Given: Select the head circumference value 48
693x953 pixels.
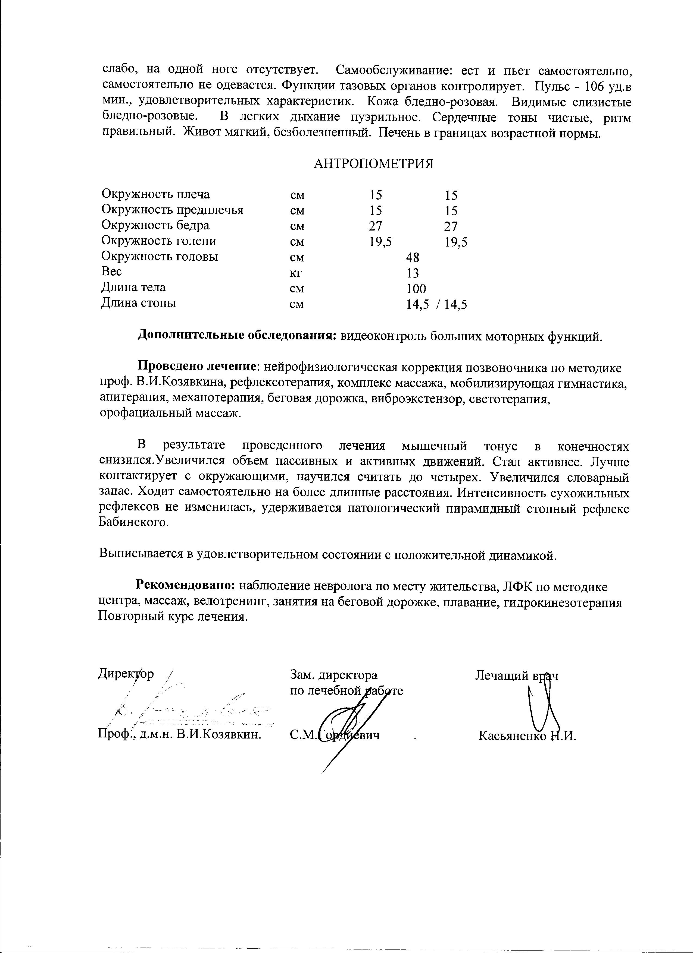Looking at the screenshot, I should tap(413, 257).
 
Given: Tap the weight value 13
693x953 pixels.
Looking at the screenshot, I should tap(413, 273).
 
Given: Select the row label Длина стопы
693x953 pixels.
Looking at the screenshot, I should tap(139, 303).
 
